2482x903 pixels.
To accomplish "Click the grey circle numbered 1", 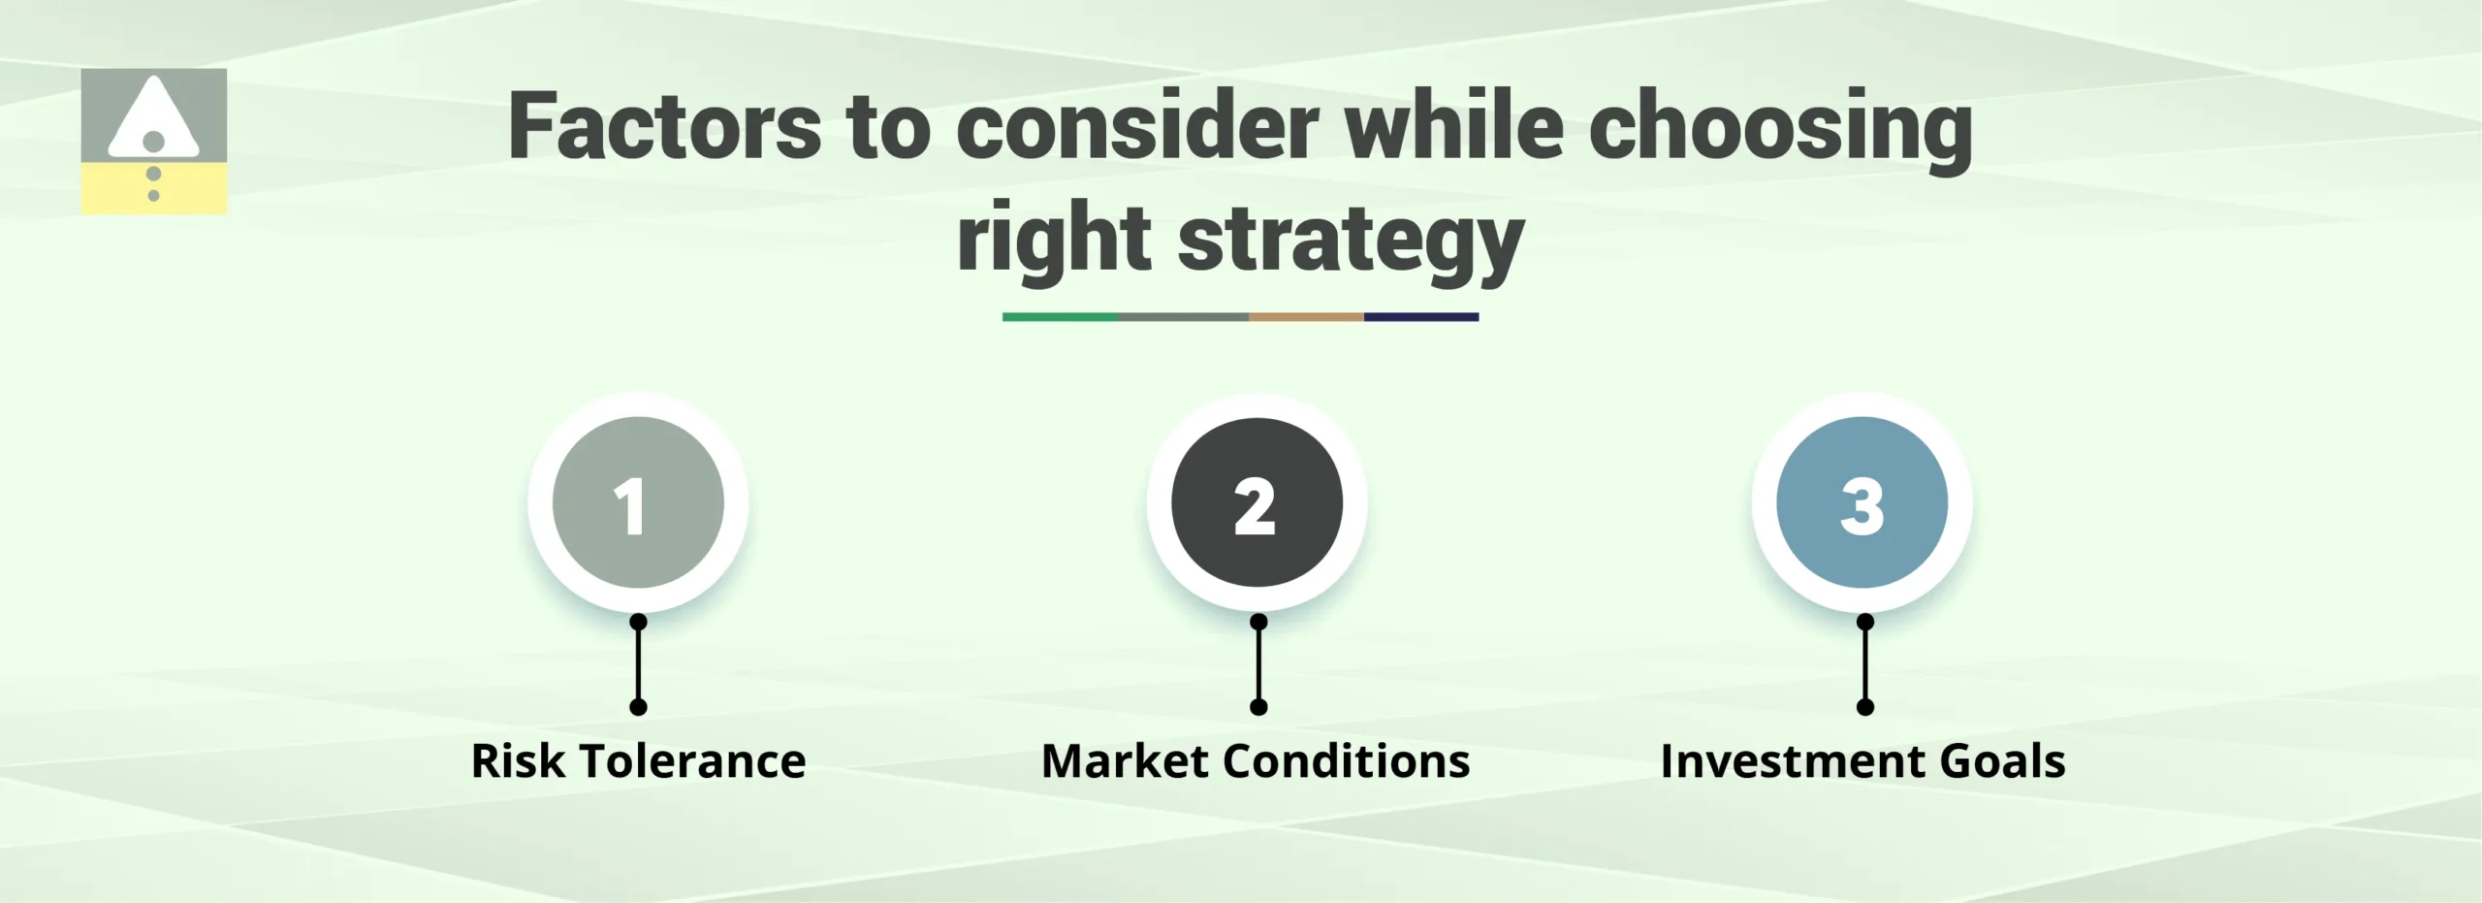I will point(638,502).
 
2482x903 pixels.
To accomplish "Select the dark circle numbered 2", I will point(1257,502).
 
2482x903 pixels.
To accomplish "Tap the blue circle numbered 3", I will point(1861,502).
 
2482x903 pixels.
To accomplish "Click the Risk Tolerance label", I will point(638,761).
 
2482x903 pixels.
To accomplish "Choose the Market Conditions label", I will point(1256,761).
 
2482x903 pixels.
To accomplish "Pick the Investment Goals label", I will point(1862,761).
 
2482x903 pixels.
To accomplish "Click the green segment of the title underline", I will point(1060,317).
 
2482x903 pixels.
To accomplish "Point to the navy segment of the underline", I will point(1421,317).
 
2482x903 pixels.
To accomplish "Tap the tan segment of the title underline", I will point(1306,317).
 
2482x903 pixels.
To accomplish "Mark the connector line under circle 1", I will point(638,664).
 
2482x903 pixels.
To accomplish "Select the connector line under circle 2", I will point(1258,664).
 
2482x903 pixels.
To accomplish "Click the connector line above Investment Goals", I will point(1865,664).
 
